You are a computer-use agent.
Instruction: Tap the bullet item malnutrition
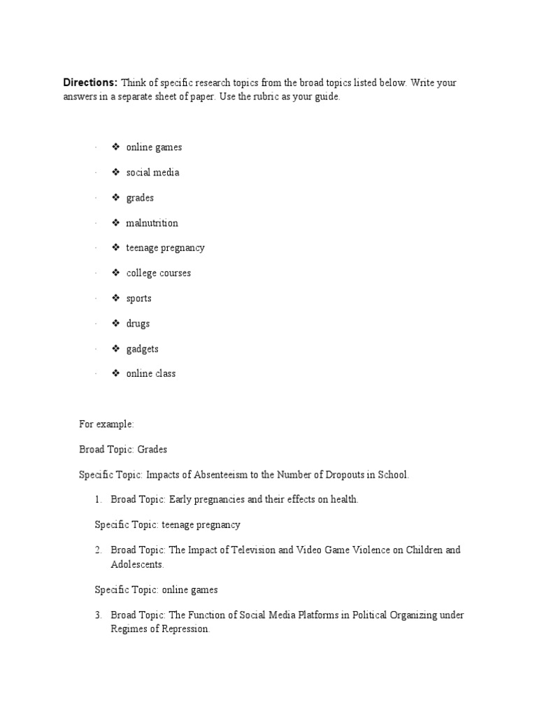coord(152,223)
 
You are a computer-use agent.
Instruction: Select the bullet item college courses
coord(158,273)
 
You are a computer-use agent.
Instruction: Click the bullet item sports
coord(138,298)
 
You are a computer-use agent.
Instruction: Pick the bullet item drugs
coord(138,323)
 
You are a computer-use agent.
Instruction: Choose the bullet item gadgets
coord(142,348)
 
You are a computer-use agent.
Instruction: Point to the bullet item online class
coord(150,373)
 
